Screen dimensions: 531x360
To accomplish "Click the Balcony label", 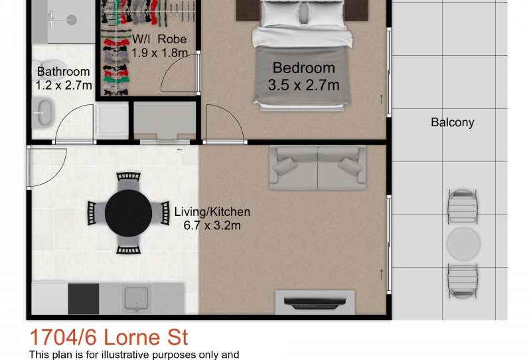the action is click(x=452, y=122).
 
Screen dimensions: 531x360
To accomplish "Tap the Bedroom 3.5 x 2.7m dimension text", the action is click(x=304, y=85).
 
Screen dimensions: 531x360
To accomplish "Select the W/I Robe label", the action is click(x=159, y=39).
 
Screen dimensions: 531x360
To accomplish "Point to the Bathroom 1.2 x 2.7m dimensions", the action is click(x=64, y=85).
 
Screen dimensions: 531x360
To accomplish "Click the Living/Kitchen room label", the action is click(x=212, y=212).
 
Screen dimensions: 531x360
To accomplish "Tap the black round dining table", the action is click(x=128, y=213).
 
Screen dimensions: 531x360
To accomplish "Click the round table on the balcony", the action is click(x=463, y=243).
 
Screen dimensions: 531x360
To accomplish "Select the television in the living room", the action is click(x=315, y=303).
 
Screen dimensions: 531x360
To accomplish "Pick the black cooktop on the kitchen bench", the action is click(x=84, y=299).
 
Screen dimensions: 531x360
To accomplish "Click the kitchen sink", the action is click(x=136, y=298).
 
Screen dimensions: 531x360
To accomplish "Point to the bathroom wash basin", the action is click(x=42, y=113).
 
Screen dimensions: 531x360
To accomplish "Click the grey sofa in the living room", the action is click(x=317, y=168).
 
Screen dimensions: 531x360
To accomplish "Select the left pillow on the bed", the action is click(x=281, y=13).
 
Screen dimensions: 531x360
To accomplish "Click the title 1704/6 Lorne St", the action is click(x=109, y=337).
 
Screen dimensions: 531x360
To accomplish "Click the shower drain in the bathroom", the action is click(x=72, y=20).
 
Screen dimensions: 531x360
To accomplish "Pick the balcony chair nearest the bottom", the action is click(x=463, y=281).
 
